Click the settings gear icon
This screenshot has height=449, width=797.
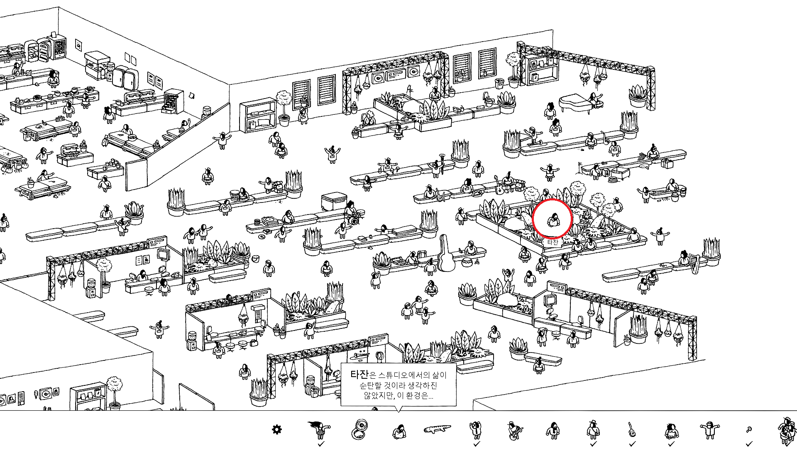click(276, 429)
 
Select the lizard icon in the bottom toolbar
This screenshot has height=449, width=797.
click(437, 429)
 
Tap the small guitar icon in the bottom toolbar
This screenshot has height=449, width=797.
click(631, 429)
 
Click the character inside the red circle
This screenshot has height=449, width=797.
click(553, 220)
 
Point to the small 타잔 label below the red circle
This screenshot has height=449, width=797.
click(553, 242)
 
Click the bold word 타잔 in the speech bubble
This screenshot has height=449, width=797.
click(359, 375)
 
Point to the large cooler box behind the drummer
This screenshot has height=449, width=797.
click(333, 201)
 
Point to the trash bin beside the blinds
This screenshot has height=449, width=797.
click(499, 84)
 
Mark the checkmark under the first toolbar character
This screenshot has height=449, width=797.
click(320, 444)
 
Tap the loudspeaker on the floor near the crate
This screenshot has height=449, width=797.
click(606, 173)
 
